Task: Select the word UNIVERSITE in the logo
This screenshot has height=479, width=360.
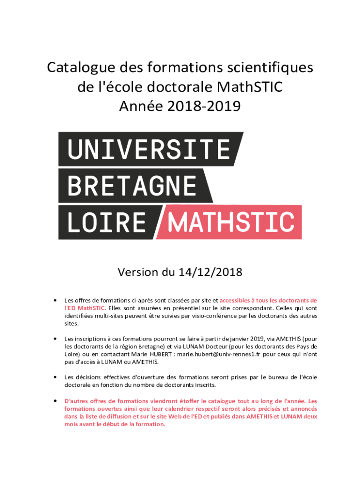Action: pos(148,150)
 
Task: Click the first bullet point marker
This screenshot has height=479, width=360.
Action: pos(55,300)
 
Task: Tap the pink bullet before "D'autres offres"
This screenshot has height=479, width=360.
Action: pos(55,401)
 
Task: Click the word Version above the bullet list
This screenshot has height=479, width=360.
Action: pos(138,272)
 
